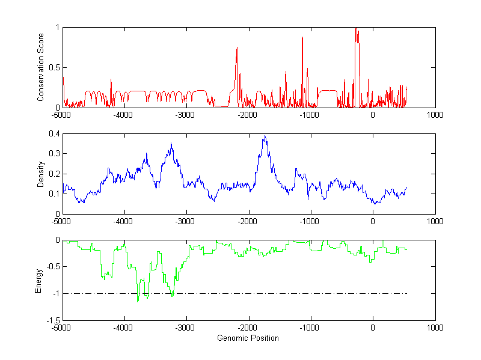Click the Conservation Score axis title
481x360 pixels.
(40, 67)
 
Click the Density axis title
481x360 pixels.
(40, 174)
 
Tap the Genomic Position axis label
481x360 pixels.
(248, 338)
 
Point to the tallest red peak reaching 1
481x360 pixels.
(357, 29)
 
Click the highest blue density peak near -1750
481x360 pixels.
(265, 136)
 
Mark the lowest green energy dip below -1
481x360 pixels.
(138, 301)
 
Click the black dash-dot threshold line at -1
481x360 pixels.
(271, 294)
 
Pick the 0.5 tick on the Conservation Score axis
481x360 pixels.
(54, 67)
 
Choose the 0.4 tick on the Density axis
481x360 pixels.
(54, 134)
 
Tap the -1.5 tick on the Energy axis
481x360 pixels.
(52, 320)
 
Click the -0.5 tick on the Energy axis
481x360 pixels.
(52, 267)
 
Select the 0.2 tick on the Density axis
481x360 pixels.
(54, 174)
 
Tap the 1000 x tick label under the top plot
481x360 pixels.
(435, 115)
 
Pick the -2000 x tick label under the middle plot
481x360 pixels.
(248, 221)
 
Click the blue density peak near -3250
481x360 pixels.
(171, 144)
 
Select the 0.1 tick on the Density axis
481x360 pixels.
(54, 194)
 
